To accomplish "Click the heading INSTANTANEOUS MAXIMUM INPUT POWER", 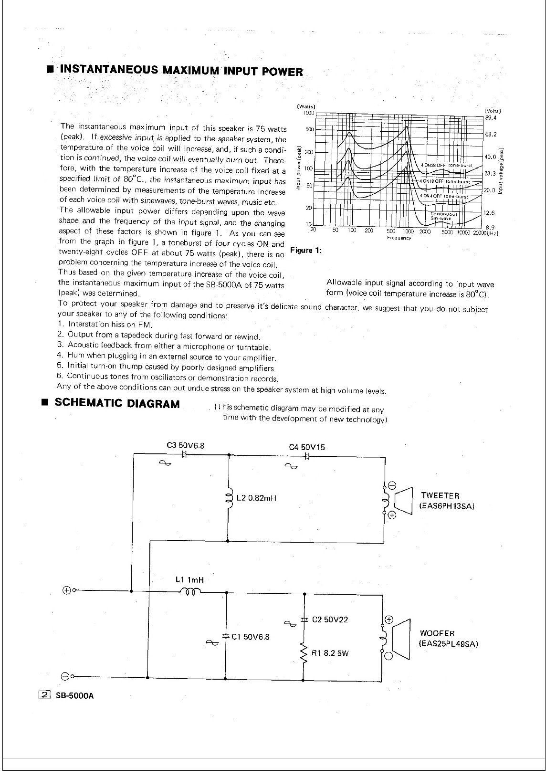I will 181,71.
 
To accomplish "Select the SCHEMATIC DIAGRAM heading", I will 117,403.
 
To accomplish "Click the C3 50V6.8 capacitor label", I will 186,445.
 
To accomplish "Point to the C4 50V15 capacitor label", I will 307,447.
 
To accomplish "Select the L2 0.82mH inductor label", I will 257,498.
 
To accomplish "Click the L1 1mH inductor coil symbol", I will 190,592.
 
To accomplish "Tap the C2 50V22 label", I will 330,619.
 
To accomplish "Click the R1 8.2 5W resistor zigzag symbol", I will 304,653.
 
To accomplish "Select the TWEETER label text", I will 440,496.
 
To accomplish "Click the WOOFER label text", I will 437,633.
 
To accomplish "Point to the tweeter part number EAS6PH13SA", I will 447,506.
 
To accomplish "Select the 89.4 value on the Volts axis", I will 490,117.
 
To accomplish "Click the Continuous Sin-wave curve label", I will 444,216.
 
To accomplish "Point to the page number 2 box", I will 44,695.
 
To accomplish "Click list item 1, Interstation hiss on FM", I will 105,325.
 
